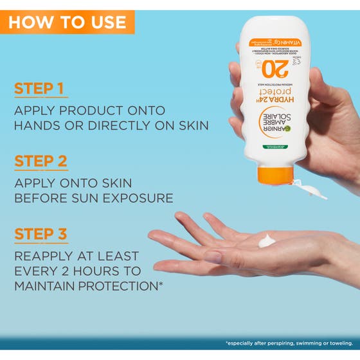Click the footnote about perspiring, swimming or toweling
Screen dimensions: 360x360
[289, 343]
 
